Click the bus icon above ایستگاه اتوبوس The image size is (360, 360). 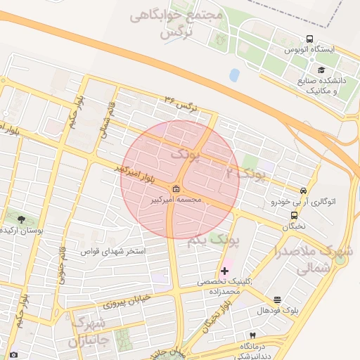pos(309,39)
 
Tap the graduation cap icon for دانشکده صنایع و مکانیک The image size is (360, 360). pos(321,70)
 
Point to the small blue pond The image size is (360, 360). pos(234,75)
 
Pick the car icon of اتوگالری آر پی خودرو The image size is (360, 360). pos(303,190)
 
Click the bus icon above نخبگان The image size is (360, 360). pos(294,216)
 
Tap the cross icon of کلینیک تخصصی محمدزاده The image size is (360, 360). pos(224,271)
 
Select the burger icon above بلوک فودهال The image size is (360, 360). pos(277,300)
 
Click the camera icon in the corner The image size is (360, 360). pos(13,355)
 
